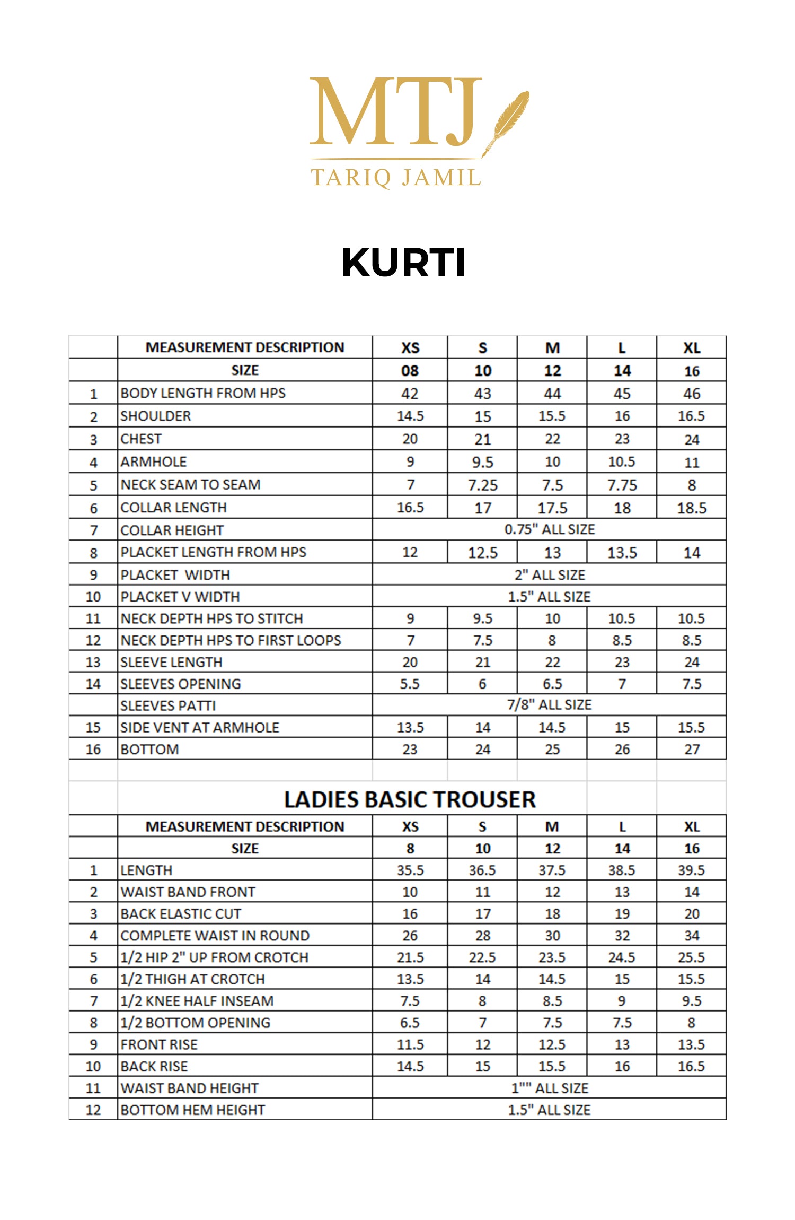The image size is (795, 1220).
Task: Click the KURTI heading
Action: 403,262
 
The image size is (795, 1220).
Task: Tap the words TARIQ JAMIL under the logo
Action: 396,177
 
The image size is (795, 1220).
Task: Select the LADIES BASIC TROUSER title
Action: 410,799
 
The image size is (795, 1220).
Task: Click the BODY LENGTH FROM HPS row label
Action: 203,393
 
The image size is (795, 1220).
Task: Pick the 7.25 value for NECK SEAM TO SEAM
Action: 482,485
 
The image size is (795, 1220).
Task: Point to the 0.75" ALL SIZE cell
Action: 550,529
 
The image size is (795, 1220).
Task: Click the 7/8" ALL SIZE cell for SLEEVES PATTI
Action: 549,705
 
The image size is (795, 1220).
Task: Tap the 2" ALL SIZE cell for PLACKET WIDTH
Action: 550,575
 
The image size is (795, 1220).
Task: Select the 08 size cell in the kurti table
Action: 410,371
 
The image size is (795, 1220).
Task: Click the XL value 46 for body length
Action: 692,394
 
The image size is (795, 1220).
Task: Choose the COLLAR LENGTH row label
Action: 173,508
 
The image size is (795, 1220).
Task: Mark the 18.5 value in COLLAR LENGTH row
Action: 692,508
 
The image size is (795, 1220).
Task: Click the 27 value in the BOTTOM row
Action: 692,750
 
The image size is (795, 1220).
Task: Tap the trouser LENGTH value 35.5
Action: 410,870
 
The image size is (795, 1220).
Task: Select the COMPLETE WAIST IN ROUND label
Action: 215,936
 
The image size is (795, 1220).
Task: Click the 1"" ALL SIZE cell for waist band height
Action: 550,1088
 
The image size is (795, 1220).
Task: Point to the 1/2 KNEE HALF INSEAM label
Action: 197,1001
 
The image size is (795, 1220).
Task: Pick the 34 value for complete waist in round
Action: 692,936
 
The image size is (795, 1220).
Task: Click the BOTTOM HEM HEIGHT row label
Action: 192,1110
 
